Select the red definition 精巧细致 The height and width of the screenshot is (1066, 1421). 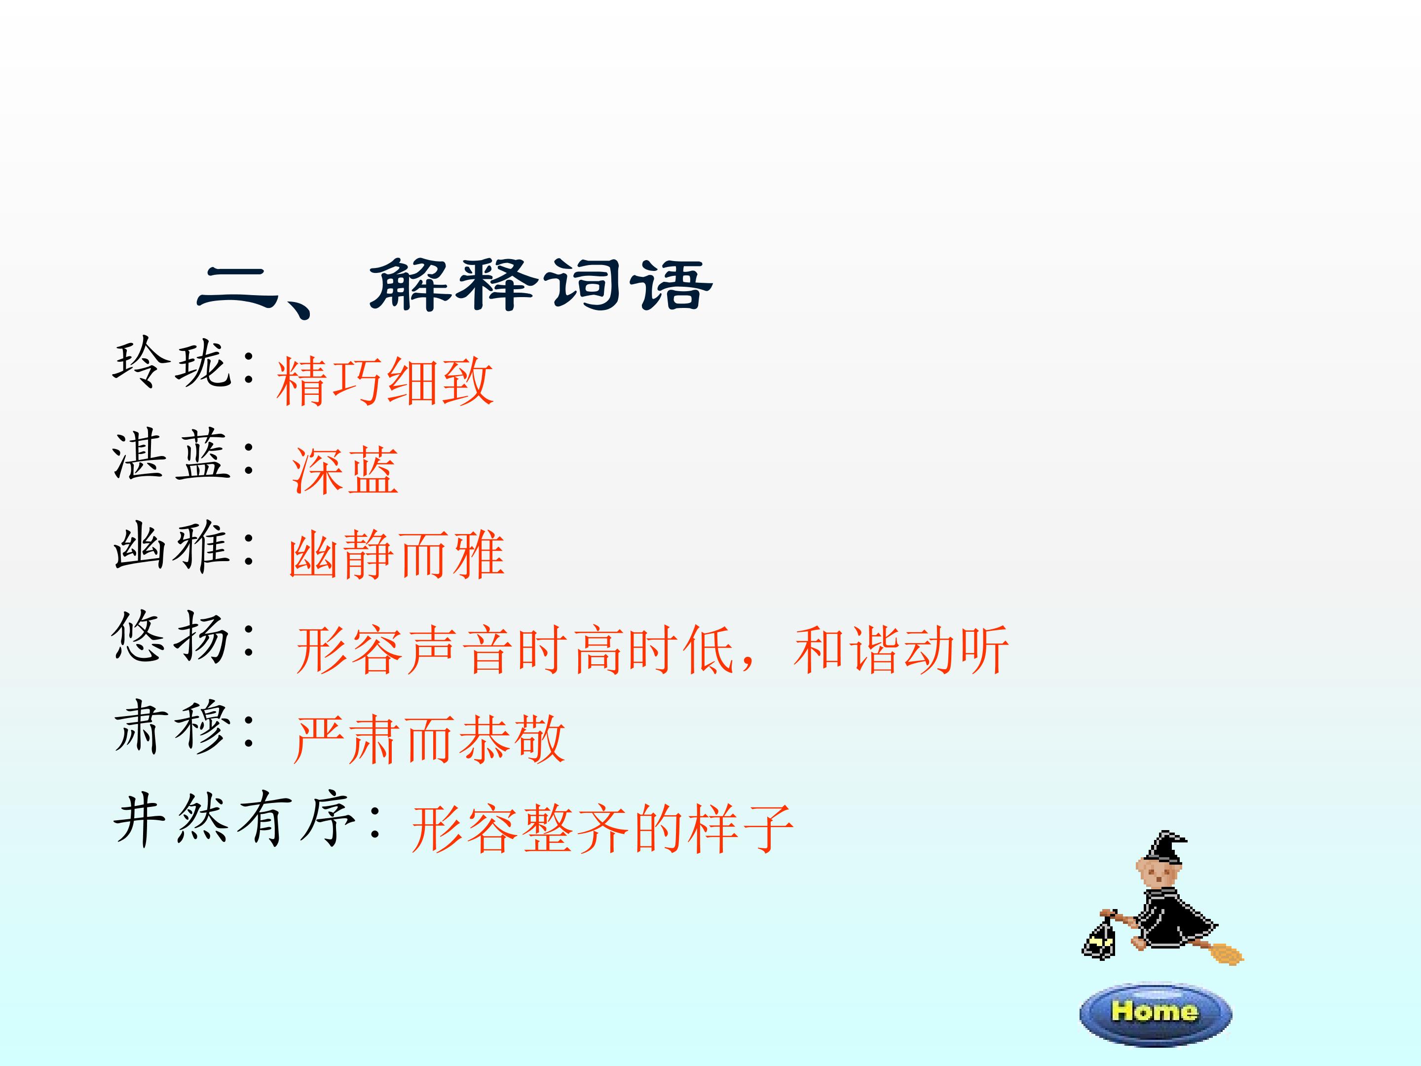[385, 381]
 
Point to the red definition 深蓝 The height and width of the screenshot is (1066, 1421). [345, 470]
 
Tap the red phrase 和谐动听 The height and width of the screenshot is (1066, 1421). [901, 650]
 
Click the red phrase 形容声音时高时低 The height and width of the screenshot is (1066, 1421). [515, 650]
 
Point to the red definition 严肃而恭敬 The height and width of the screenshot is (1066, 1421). [429, 740]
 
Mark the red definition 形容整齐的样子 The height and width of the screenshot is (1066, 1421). [602, 829]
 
